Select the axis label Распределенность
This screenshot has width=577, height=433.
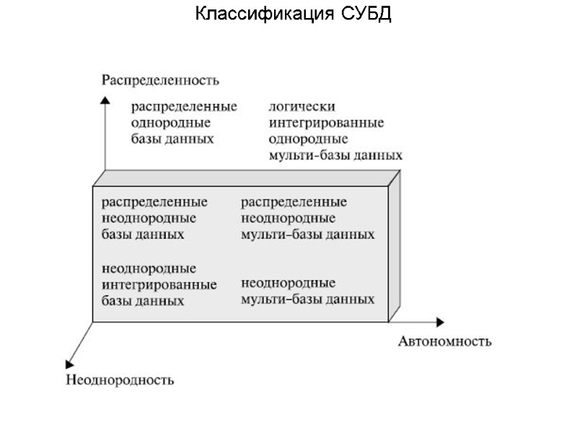(159, 79)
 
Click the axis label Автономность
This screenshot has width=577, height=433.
(444, 341)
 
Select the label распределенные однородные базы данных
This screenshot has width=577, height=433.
(183, 123)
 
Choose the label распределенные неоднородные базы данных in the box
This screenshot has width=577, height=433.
(154, 217)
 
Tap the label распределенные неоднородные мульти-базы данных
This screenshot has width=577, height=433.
(307, 217)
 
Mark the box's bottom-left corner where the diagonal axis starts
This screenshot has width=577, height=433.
(93, 322)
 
